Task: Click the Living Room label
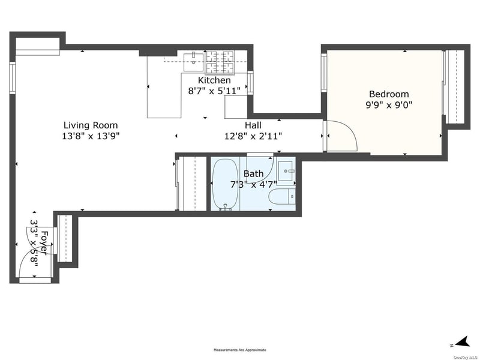91,125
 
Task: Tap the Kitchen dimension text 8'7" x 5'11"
214,91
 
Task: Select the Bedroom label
389,94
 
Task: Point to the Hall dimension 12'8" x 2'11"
253,136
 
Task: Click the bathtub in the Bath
225,185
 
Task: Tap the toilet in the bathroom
282,196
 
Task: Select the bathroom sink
286,169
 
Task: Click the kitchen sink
193,62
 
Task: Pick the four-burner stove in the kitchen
220,62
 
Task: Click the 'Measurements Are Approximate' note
239,350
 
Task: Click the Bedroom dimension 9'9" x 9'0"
389,105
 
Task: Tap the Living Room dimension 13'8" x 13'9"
91,136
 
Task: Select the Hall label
253,125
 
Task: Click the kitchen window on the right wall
250,82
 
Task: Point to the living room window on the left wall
12,78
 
